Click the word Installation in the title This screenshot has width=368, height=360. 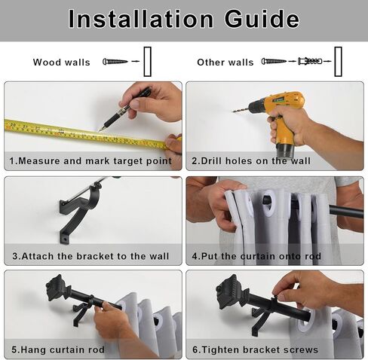click(x=141, y=19)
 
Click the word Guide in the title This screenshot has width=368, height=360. click(x=262, y=19)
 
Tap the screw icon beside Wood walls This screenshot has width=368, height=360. click(x=115, y=61)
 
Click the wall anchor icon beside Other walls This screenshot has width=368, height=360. click(x=310, y=61)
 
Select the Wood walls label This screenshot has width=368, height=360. click(x=62, y=63)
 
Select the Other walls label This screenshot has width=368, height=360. click(x=225, y=63)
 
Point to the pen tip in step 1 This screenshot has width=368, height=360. click(x=100, y=130)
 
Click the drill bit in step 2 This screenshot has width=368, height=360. click(x=241, y=110)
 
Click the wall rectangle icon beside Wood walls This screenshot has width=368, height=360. click(x=147, y=62)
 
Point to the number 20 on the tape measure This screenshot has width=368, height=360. click(x=14, y=125)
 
